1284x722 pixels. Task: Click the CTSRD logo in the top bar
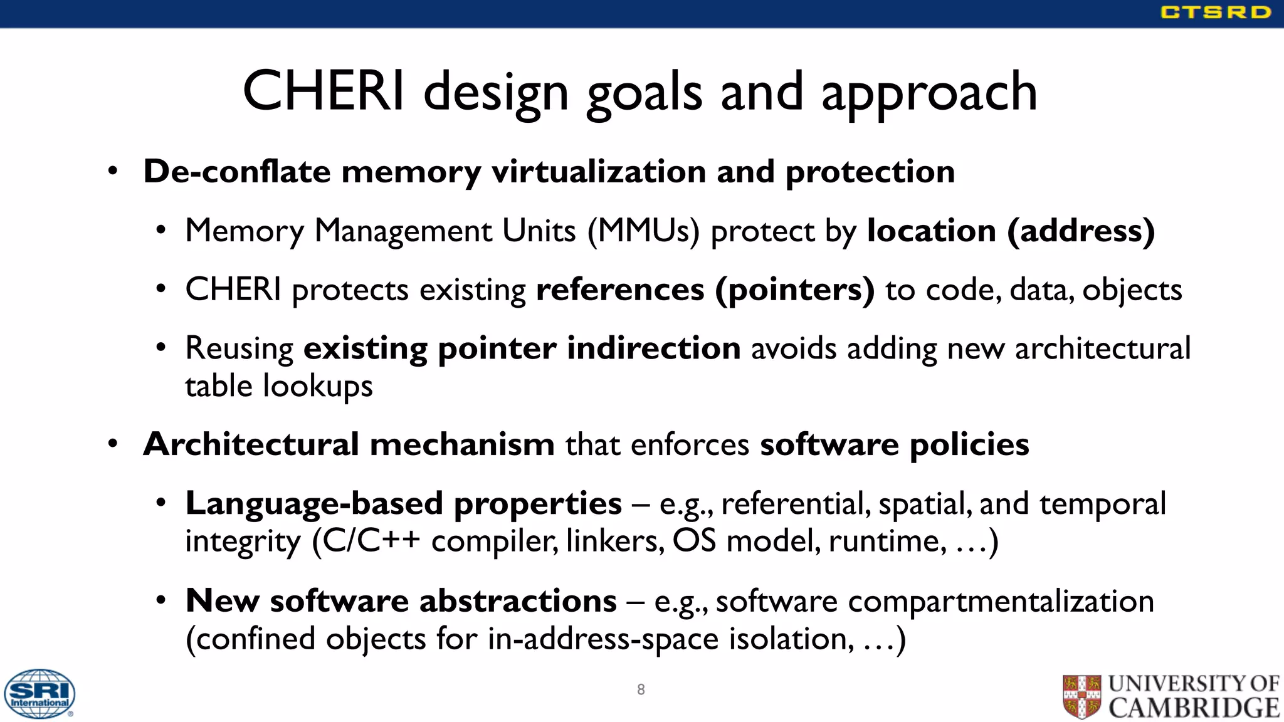1215,13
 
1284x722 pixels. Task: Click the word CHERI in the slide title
324,92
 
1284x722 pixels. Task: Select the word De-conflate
236,171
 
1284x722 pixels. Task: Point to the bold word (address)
1081,231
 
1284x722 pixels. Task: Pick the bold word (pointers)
795,290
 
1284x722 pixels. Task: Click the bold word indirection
653,348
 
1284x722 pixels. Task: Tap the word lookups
318,386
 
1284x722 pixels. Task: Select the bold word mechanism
462,444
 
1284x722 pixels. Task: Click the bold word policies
969,444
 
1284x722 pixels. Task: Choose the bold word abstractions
518,601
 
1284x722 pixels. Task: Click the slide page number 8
641,689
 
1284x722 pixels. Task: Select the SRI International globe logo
39,693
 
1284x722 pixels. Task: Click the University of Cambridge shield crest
1082,696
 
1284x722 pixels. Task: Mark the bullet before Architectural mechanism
112,444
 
